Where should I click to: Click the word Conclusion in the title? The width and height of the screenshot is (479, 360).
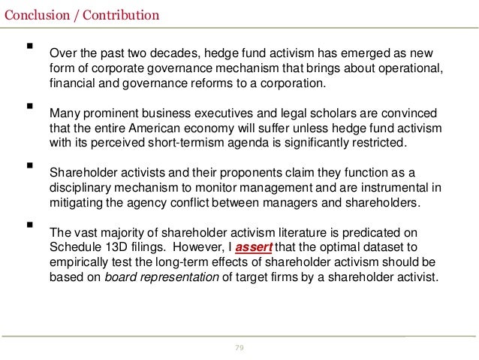coord(32,14)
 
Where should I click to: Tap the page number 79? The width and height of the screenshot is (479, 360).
coord(239,347)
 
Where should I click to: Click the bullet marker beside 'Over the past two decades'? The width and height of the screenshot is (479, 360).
coord(30,47)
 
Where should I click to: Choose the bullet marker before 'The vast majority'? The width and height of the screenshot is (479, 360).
coord(30,223)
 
